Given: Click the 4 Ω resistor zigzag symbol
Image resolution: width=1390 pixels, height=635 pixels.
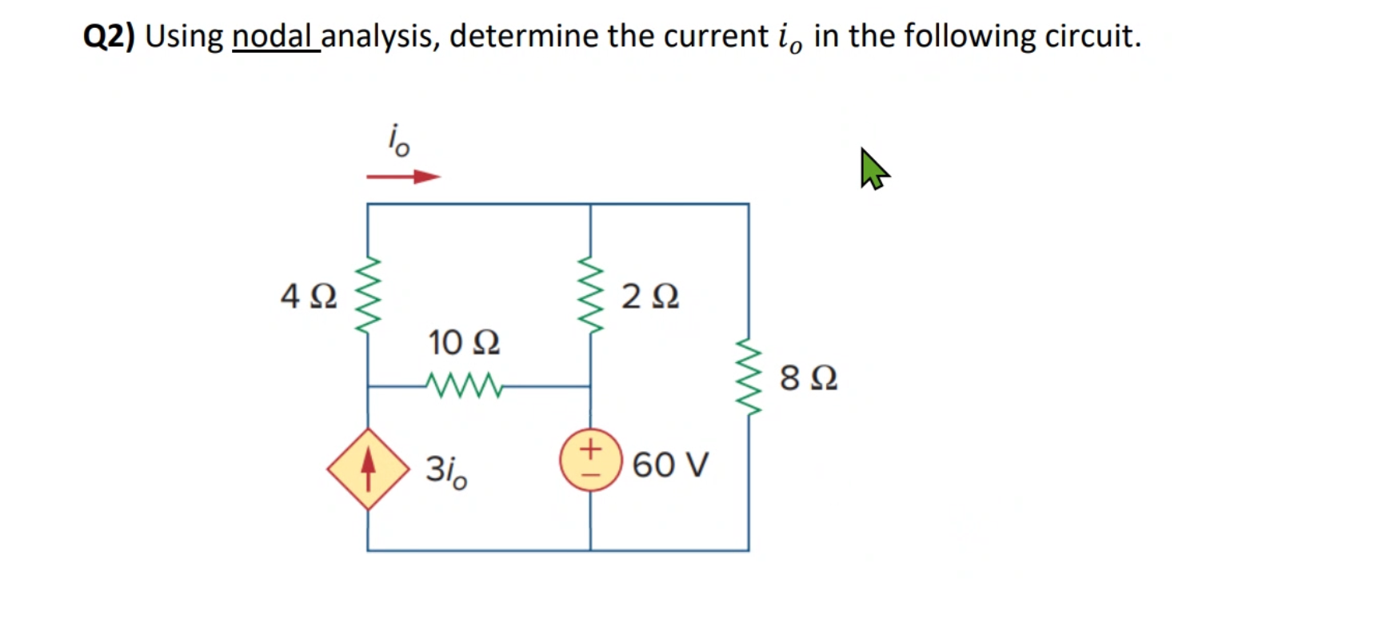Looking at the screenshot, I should tap(367, 297).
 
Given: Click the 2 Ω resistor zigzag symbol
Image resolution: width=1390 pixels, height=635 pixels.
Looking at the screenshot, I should tap(590, 296).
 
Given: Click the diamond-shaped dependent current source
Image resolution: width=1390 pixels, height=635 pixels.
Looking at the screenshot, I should tap(368, 469).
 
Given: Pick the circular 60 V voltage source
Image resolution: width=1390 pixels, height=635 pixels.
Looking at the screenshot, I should tap(590, 461).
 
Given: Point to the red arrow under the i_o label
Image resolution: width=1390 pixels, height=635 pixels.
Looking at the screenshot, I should tap(403, 177).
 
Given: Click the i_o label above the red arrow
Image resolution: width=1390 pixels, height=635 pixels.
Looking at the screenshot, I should tap(398, 141).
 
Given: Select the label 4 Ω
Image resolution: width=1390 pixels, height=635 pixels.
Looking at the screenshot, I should tap(309, 297).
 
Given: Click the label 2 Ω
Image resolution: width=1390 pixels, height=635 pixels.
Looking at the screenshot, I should tap(650, 297).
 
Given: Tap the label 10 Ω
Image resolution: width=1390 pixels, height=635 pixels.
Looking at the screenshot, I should tap(464, 343).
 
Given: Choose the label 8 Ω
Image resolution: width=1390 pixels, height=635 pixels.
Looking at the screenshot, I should tap(809, 377).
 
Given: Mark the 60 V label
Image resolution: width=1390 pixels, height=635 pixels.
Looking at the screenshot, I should tap(670, 465).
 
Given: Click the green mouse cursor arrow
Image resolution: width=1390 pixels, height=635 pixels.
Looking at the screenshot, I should tap(873, 169).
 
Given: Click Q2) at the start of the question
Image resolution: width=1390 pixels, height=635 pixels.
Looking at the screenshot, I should tap(109, 36).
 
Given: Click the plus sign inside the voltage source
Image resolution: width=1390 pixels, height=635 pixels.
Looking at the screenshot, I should tap(590, 448).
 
